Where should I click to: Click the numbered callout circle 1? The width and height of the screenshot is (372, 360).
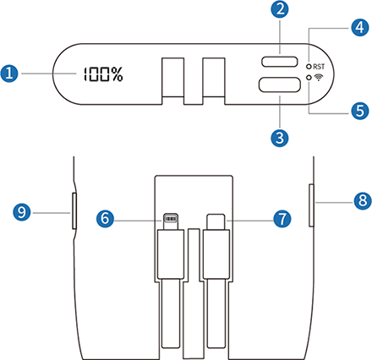tap(11, 74)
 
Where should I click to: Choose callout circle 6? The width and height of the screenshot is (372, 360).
tap(107, 217)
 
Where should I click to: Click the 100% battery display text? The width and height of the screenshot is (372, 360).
tap(101, 74)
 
